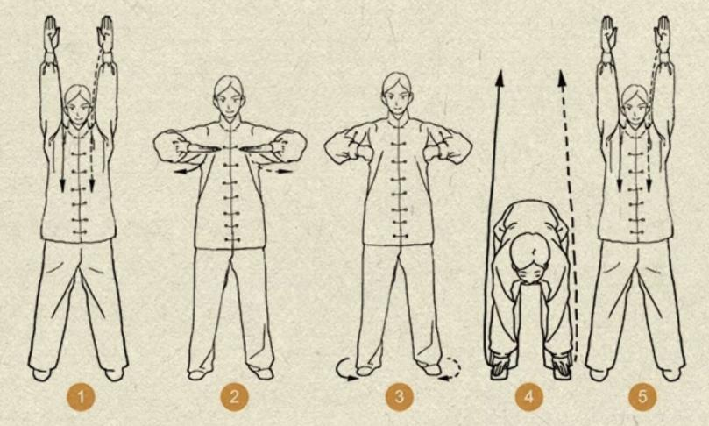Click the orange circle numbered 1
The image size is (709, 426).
pyautogui.click(x=81, y=397)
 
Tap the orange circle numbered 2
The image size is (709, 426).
pyautogui.click(x=234, y=397)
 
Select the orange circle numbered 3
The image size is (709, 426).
pyautogui.click(x=400, y=397)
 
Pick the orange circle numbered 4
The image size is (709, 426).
pyautogui.click(x=529, y=397)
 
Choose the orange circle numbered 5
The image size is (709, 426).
pyautogui.click(x=642, y=397)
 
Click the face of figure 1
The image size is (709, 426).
pyautogui.click(x=79, y=110)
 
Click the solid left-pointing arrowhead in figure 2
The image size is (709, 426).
pyautogui.click(x=180, y=172)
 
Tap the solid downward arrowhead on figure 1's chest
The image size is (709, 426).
pyautogui.click(x=63, y=184)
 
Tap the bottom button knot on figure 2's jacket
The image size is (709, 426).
pyautogui.click(x=232, y=239)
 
